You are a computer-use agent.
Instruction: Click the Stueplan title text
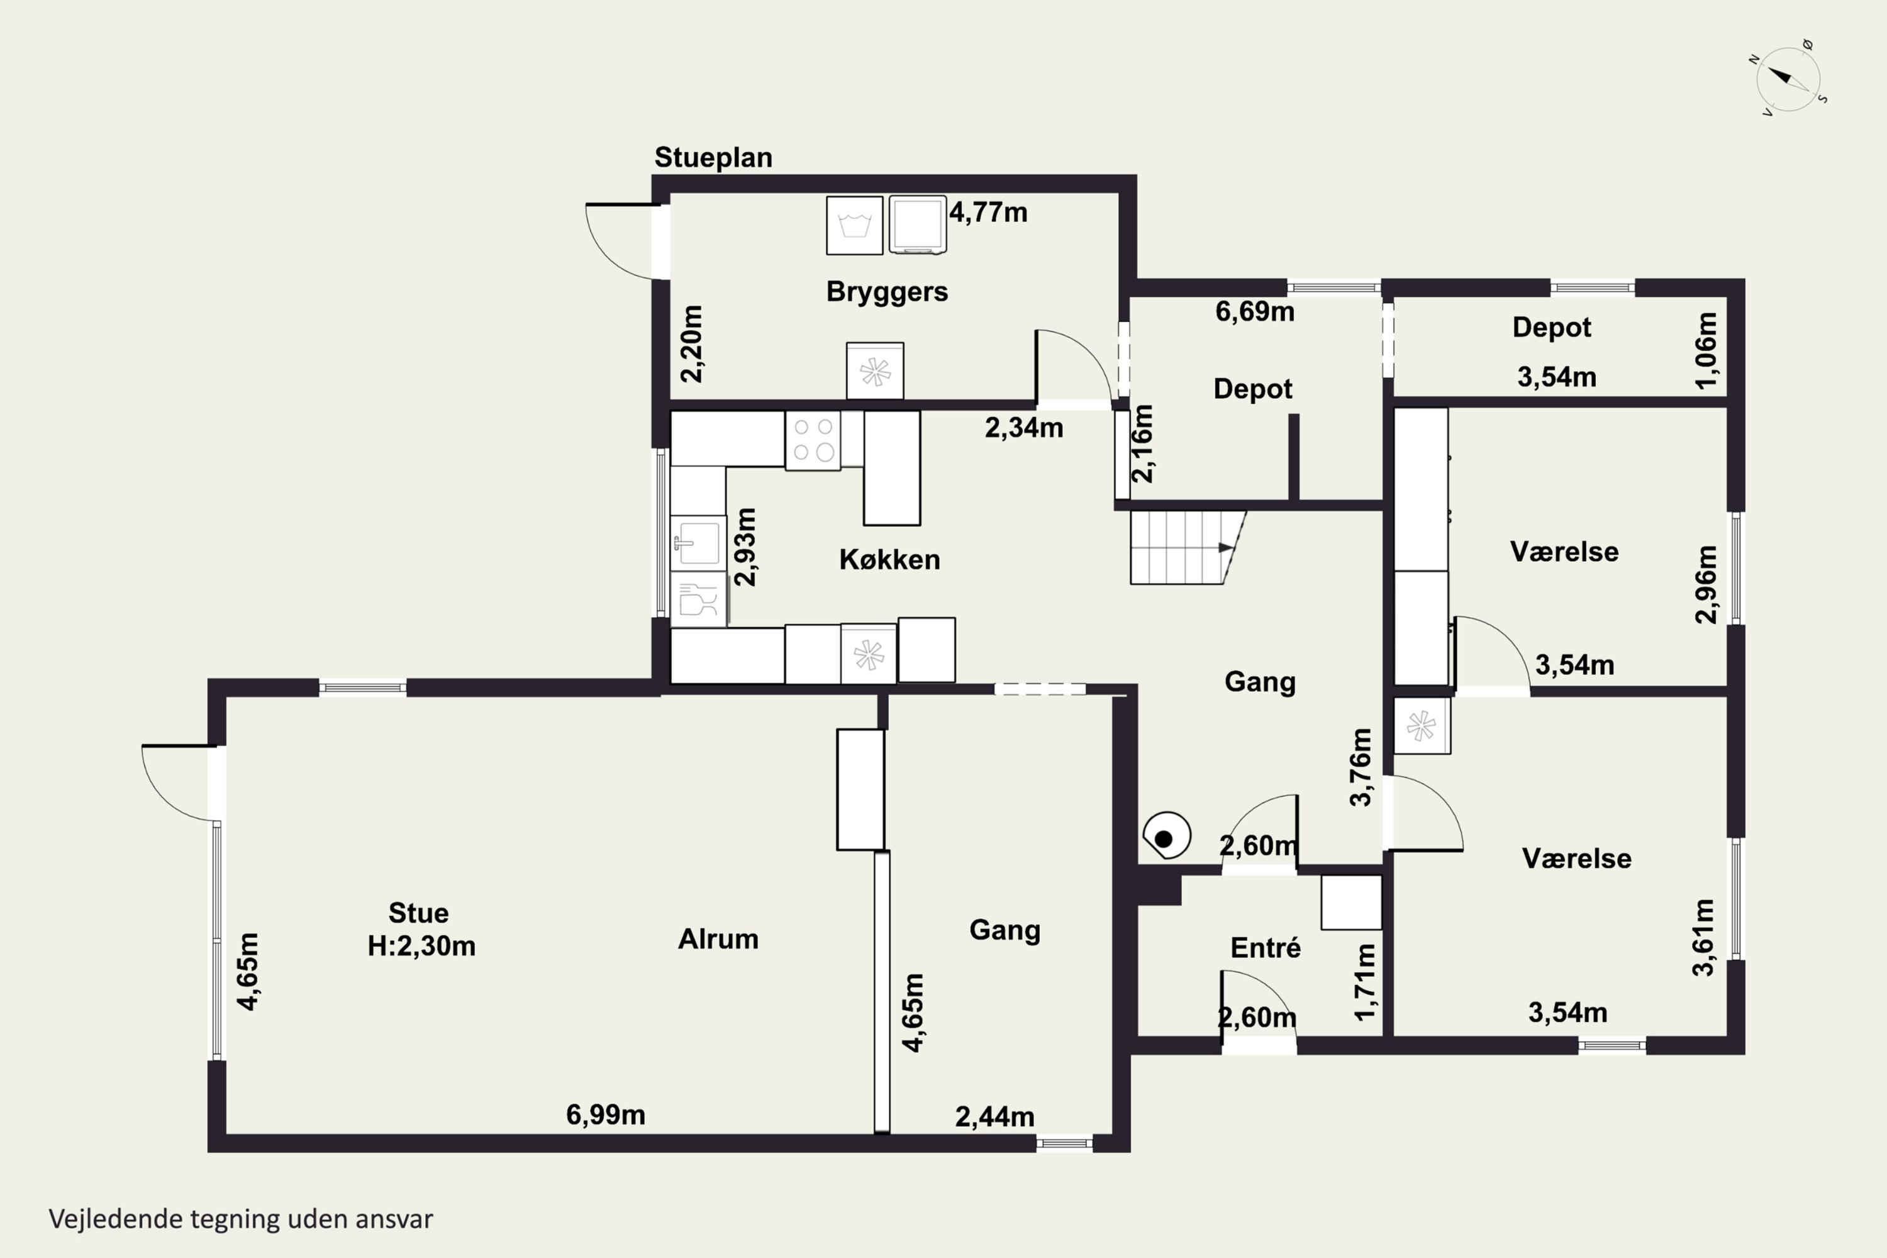click(x=713, y=157)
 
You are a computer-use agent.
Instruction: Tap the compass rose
click(x=1788, y=79)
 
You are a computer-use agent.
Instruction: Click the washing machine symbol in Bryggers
click(x=854, y=225)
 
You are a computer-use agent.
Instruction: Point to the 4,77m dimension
click(x=988, y=213)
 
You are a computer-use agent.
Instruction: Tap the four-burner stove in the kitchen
click(x=813, y=440)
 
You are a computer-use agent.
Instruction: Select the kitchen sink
click(x=698, y=543)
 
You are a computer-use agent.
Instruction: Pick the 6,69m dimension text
click(x=1255, y=311)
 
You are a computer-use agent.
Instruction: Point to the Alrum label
click(x=718, y=938)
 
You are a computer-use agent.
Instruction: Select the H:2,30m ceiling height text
click(x=421, y=946)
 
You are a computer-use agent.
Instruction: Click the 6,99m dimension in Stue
click(x=606, y=1115)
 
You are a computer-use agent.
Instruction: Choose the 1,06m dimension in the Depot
click(x=1706, y=350)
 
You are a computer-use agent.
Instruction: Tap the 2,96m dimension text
click(x=1706, y=584)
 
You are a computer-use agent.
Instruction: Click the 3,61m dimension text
click(x=1703, y=937)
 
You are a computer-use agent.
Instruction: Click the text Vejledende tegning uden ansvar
click(x=241, y=1219)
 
